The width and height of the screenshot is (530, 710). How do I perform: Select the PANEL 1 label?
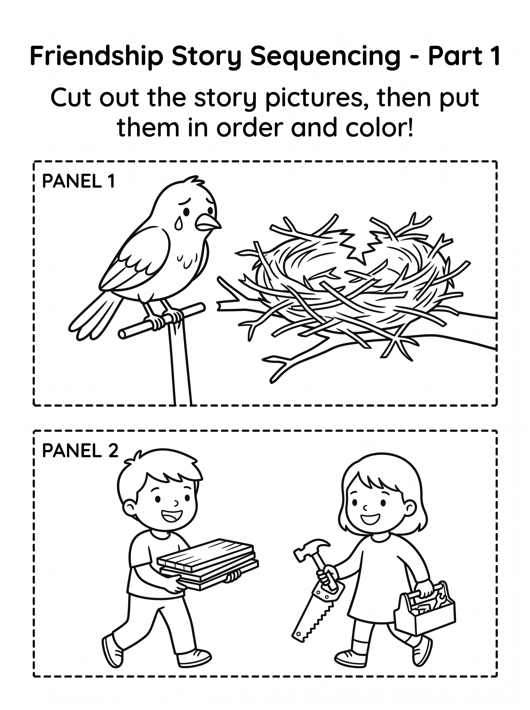click(x=78, y=181)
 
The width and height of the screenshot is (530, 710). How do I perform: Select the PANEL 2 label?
click(x=80, y=451)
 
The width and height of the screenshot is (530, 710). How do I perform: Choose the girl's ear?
click(x=410, y=509)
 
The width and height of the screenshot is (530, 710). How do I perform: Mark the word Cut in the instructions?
click(x=70, y=98)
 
